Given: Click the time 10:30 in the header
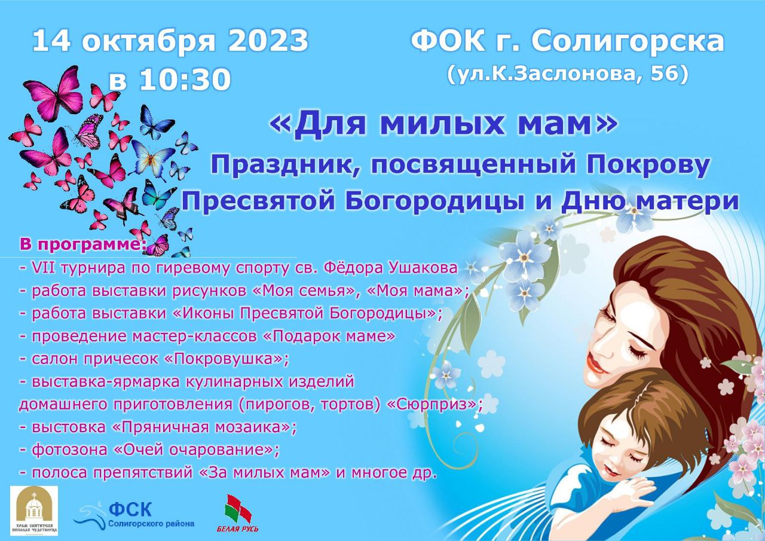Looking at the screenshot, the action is coord(185,80).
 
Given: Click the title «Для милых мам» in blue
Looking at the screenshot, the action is coord(443,124).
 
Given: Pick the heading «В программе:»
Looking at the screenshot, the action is coord(82,244).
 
